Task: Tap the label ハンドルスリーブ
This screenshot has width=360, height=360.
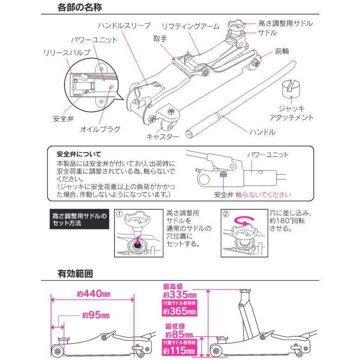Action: point(124,25)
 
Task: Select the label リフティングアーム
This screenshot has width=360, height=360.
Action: point(191,26)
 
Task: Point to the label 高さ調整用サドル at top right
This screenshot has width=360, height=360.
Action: point(285,23)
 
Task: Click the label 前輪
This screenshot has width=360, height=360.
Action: point(282,52)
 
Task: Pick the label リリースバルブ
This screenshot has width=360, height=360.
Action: point(67,53)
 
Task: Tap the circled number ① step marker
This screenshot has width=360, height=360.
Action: point(119,215)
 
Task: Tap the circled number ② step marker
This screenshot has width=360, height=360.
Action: point(226,215)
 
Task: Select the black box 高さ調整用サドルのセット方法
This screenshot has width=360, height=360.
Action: point(79,220)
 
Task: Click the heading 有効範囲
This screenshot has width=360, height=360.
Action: point(76,273)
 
